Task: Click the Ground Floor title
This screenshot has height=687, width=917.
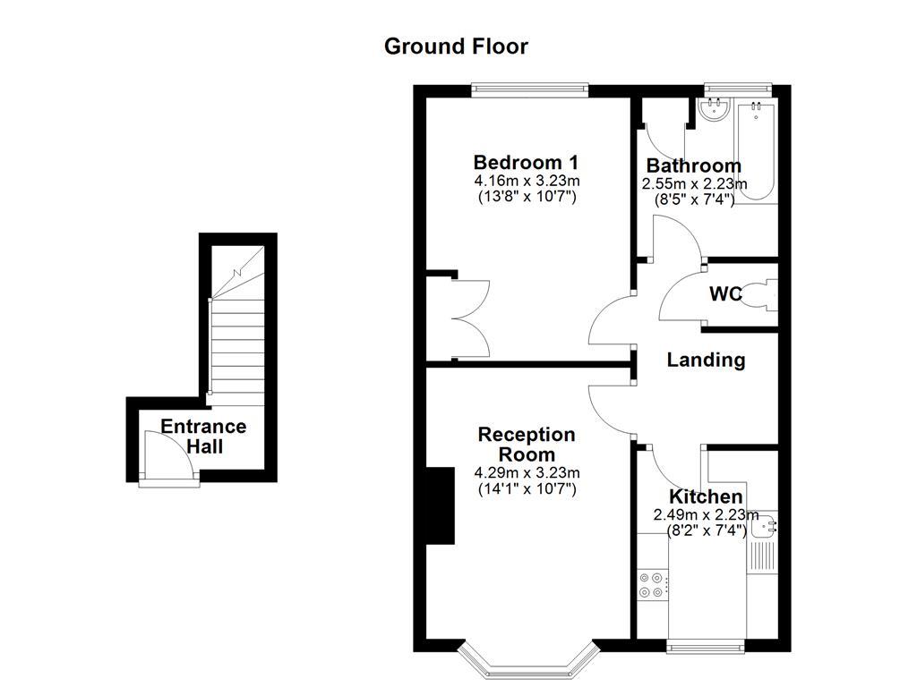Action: coord(456,47)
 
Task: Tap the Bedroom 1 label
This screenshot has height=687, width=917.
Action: coord(526,163)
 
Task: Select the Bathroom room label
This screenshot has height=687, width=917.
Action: coord(693,165)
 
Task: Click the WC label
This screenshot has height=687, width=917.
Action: coord(725,293)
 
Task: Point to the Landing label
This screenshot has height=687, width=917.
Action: coord(706,360)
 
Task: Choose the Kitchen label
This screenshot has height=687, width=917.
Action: coord(706,496)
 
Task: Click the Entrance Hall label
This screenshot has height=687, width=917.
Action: coord(203,437)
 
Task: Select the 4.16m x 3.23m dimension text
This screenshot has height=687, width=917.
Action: coord(527,181)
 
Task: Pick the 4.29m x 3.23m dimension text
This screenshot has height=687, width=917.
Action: coord(527,473)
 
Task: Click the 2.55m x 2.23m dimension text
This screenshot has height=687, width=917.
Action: coord(694,183)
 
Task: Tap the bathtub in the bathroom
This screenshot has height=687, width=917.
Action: coord(757,152)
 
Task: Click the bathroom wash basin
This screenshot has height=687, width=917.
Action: coord(716,109)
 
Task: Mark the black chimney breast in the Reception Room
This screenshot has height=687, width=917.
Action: coord(440,505)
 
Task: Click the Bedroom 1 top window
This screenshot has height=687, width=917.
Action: coord(530,89)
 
